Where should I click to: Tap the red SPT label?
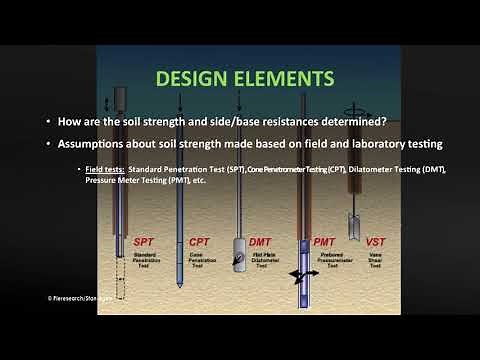point(147,242)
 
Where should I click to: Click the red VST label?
point(375,242)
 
